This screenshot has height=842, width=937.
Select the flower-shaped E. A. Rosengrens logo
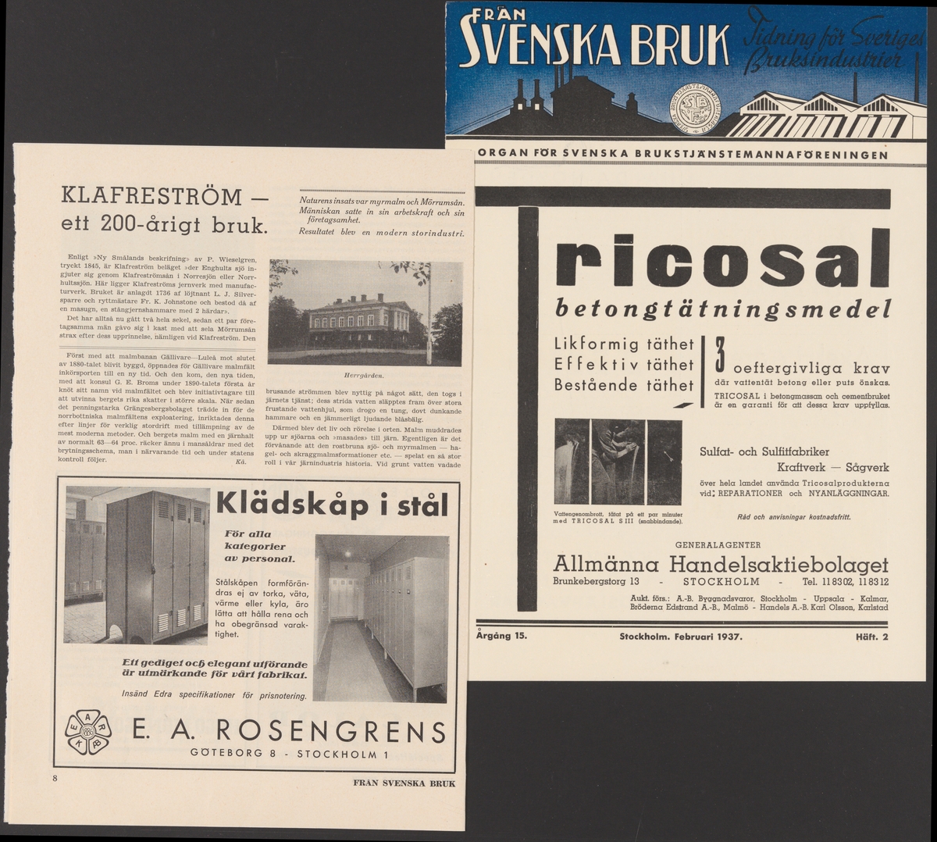[x=88, y=732]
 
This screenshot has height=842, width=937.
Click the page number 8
[x=55, y=779]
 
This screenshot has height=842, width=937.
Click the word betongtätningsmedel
[x=722, y=310]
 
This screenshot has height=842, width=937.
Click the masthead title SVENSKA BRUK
[x=593, y=45]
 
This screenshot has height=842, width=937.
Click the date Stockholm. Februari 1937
[x=680, y=636]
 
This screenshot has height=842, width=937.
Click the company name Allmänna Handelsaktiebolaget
[x=720, y=564]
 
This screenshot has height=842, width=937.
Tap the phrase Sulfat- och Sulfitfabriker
[x=764, y=451]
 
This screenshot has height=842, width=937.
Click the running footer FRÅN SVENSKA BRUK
[x=403, y=782]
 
